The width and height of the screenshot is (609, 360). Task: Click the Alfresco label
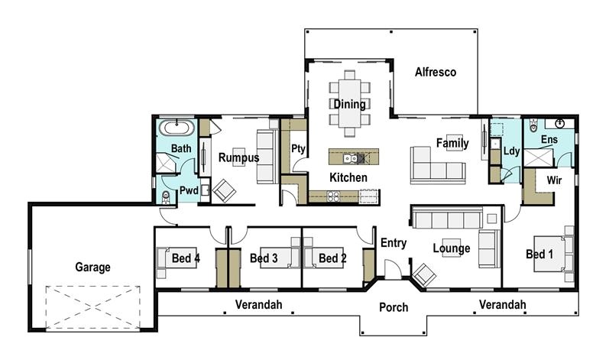[x=435, y=73]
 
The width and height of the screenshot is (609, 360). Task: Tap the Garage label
[x=92, y=268]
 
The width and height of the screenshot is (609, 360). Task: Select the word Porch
[x=394, y=308]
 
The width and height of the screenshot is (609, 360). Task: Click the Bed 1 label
[x=539, y=254]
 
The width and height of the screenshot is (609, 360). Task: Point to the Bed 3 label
[x=264, y=259]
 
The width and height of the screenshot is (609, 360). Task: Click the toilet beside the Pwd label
[x=167, y=198]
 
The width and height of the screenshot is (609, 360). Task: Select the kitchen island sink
[x=348, y=158]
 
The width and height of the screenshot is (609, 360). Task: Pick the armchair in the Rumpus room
[x=224, y=190]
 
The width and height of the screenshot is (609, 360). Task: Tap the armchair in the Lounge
[x=423, y=271]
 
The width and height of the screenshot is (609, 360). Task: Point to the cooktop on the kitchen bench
[x=335, y=196]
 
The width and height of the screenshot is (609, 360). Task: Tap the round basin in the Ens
[x=560, y=123]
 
